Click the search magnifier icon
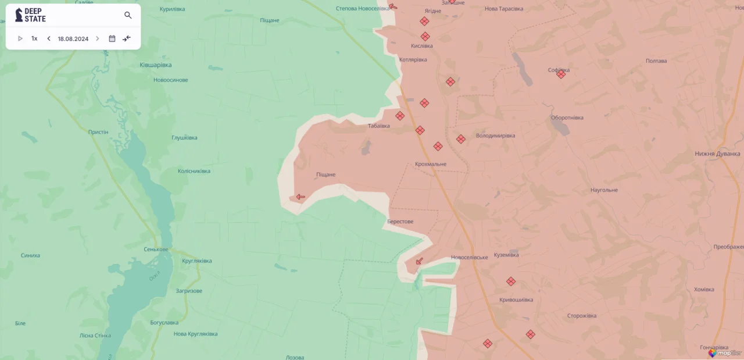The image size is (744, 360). pyautogui.click(x=128, y=15)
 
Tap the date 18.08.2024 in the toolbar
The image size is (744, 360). pyautogui.click(x=73, y=39)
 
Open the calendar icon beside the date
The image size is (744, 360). pyautogui.click(x=112, y=39)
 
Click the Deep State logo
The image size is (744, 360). pyautogui.click(x=30, y=15)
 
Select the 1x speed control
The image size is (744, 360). pyautogui.click(x=34, y=39)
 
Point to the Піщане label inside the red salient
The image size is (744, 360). pyautogui.click(x=325, y=174)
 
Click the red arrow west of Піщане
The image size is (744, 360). pyautogui.click(x=300, y=197)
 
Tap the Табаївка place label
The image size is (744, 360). pyautogui.click(x=379, y=126)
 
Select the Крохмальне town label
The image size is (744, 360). pyautogui.click(x=431, y=164)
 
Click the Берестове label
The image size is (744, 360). pyautogui.click(x=400, y=222)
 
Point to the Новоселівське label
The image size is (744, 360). pyautogui.click(x=469, y=257)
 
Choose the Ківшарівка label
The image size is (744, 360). pyautogui.click(x=156, y=65)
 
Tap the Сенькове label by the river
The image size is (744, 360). pyautogui.click(x=156, y=249)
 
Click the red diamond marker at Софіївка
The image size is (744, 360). pyautogui.click(x=561, y=74)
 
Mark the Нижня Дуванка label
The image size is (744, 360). pyautogui.click(x=717, y=154)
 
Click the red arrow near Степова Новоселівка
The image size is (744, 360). pyautogui.click(x=394, y=7)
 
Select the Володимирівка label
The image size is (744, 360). pyautogui.click(x=495, y=136)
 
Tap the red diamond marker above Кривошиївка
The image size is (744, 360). pyautogui.click(x=511, y=281)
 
